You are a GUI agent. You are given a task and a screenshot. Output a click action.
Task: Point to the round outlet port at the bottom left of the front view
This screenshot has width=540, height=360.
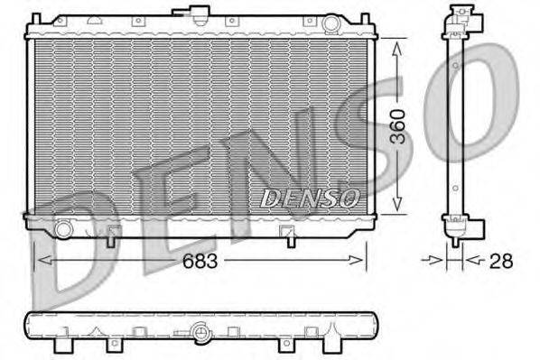63,229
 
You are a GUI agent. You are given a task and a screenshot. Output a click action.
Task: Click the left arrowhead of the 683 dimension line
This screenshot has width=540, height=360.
40,261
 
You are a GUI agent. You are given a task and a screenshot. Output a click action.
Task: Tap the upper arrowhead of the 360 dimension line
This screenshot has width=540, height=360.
398,43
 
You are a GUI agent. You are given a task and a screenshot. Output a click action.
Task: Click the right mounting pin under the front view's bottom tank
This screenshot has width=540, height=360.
289,238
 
